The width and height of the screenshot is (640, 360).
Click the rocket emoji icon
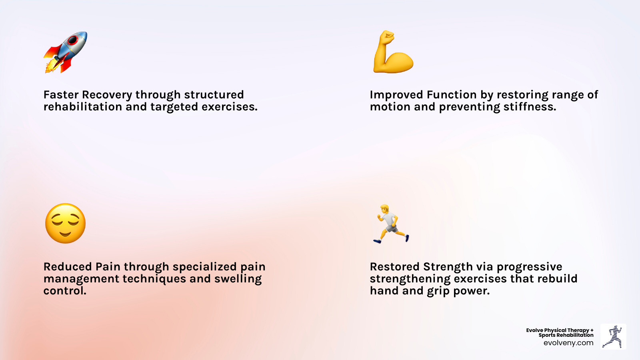click(65, 52)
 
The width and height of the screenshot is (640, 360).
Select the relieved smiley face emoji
click(66, 223)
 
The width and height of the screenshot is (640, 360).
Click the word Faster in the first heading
click(61, 95)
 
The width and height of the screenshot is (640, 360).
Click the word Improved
click(396, 95)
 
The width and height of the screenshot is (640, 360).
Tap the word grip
click(438, 291)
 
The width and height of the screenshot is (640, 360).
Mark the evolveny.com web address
click(568, 343)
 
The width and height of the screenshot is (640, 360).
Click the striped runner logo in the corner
click(613, 336)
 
